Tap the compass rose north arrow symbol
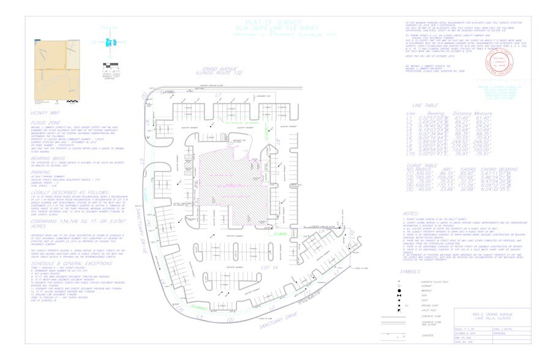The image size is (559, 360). click(111, 42)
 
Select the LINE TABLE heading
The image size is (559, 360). click(426, 105)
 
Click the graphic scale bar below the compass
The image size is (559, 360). click(111, 64)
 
